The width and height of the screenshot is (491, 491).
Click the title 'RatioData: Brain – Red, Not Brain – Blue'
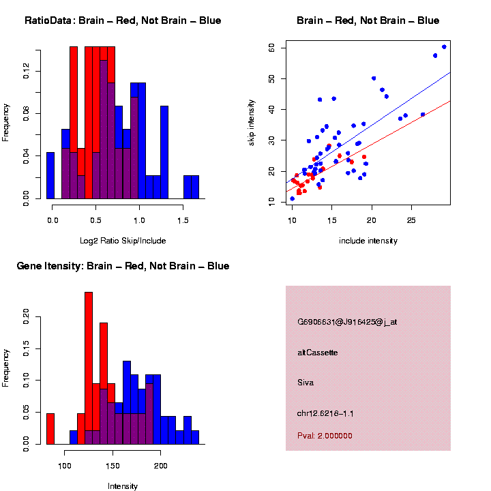tap(123, 20)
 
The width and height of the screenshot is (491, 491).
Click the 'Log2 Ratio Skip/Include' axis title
tap(123, 241)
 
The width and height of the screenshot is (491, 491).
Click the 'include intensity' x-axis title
tap(368, 241)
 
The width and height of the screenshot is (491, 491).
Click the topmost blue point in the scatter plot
tap(444, 46)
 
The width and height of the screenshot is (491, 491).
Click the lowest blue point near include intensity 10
tap(293, 198)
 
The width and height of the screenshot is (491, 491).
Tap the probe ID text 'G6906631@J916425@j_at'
tap(347, 322)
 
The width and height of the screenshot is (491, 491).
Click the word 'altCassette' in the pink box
tap(318, 353)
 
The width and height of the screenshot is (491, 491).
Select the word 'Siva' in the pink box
tap(306, 383)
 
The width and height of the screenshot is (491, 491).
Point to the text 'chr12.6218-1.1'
tap(325, 413)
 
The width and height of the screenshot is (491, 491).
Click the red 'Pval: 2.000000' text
tap(325, 435)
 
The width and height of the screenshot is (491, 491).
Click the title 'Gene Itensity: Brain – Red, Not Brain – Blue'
tap(123, 266)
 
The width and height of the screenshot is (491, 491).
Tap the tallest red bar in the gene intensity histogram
tap(89, 368)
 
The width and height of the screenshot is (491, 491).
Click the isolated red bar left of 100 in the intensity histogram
tap(50, 428)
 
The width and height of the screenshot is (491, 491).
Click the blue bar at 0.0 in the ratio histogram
tap(50, 175)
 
